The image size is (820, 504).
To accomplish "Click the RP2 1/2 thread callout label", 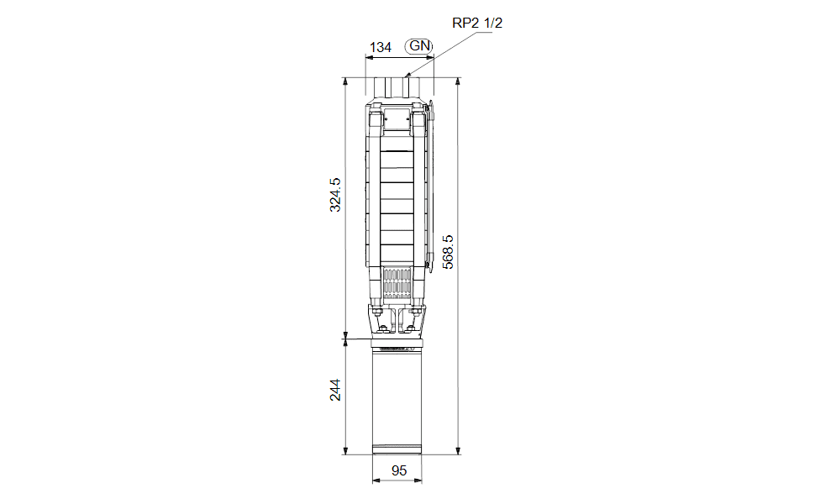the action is coord(477,23).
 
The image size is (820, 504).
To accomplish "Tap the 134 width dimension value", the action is coord(381,48).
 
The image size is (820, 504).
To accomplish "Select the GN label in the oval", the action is coord(419,46).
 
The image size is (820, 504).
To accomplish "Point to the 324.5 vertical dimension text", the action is coord(334,195).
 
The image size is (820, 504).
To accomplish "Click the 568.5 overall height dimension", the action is coord(448,252).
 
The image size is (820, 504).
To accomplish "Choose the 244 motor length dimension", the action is coord(334,390).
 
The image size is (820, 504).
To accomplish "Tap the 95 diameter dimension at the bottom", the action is coord(398,470).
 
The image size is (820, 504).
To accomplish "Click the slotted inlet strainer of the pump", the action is coord(397,283).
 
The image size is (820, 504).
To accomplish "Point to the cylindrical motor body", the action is coord(397,400).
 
